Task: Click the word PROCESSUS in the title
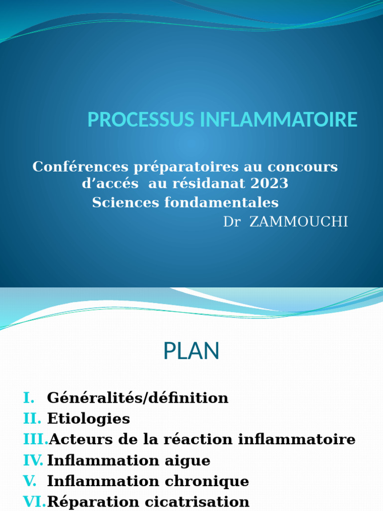pyautogui.click(x=141, y=119)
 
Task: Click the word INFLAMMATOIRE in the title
pyautogui.click(x=279, y=119)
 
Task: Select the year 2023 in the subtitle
pyautogui.click(x=269, y=183)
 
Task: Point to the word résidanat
pyautogui.click(x=209, y=183)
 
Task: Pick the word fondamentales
pyautogui.click(x=221, y=203)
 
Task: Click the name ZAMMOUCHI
pyautogui.click(x=299, y=222)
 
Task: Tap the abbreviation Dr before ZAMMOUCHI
pyautogui.click(x=232, y=222)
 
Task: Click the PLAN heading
pyautogui.click(x=191, y=351)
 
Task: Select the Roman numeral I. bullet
pyautogui.click(x=29, y=398)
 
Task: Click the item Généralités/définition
pyautogui.click(x=138, y=398)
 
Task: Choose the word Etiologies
pyautogui.click(x=89, y=419)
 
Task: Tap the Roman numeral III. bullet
pyautogui.click(x=36, y=439)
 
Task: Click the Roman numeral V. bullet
pyautogui.click(x=29, y=481)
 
